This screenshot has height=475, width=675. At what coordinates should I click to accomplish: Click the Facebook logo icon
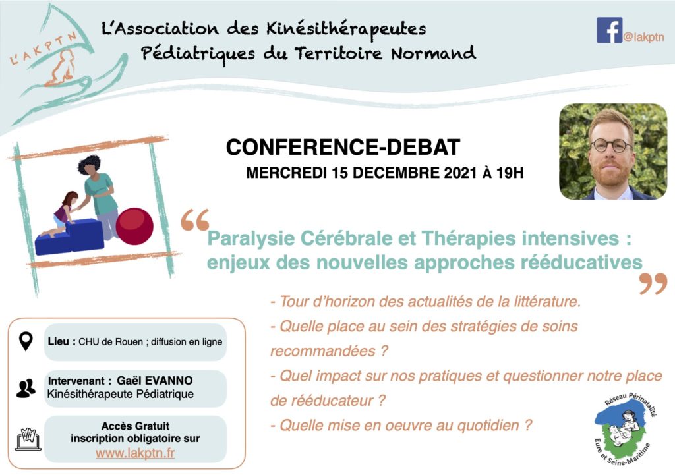coord(609,30)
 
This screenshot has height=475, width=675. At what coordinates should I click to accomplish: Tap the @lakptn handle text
coord(643,38)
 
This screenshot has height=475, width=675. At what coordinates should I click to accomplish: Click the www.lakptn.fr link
coord(135,453)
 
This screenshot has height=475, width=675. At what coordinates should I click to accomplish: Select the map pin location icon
coord(26,341)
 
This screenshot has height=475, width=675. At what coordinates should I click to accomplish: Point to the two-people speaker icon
coord(26,388)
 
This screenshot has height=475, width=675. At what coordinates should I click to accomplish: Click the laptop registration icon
coord(28,439)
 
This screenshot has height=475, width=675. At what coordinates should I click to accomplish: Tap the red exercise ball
coord(134,227)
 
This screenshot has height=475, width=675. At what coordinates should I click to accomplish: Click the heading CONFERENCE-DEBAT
coord(343,147)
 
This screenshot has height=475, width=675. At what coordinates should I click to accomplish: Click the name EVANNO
coord(169,381)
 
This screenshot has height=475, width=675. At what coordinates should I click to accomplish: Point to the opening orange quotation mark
coord(195,220)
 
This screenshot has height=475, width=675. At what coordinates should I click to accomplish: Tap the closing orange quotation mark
coord(653,283)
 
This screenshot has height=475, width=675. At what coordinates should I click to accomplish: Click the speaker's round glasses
coord(611,145)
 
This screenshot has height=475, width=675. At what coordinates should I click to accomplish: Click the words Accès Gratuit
coord(135,426)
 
